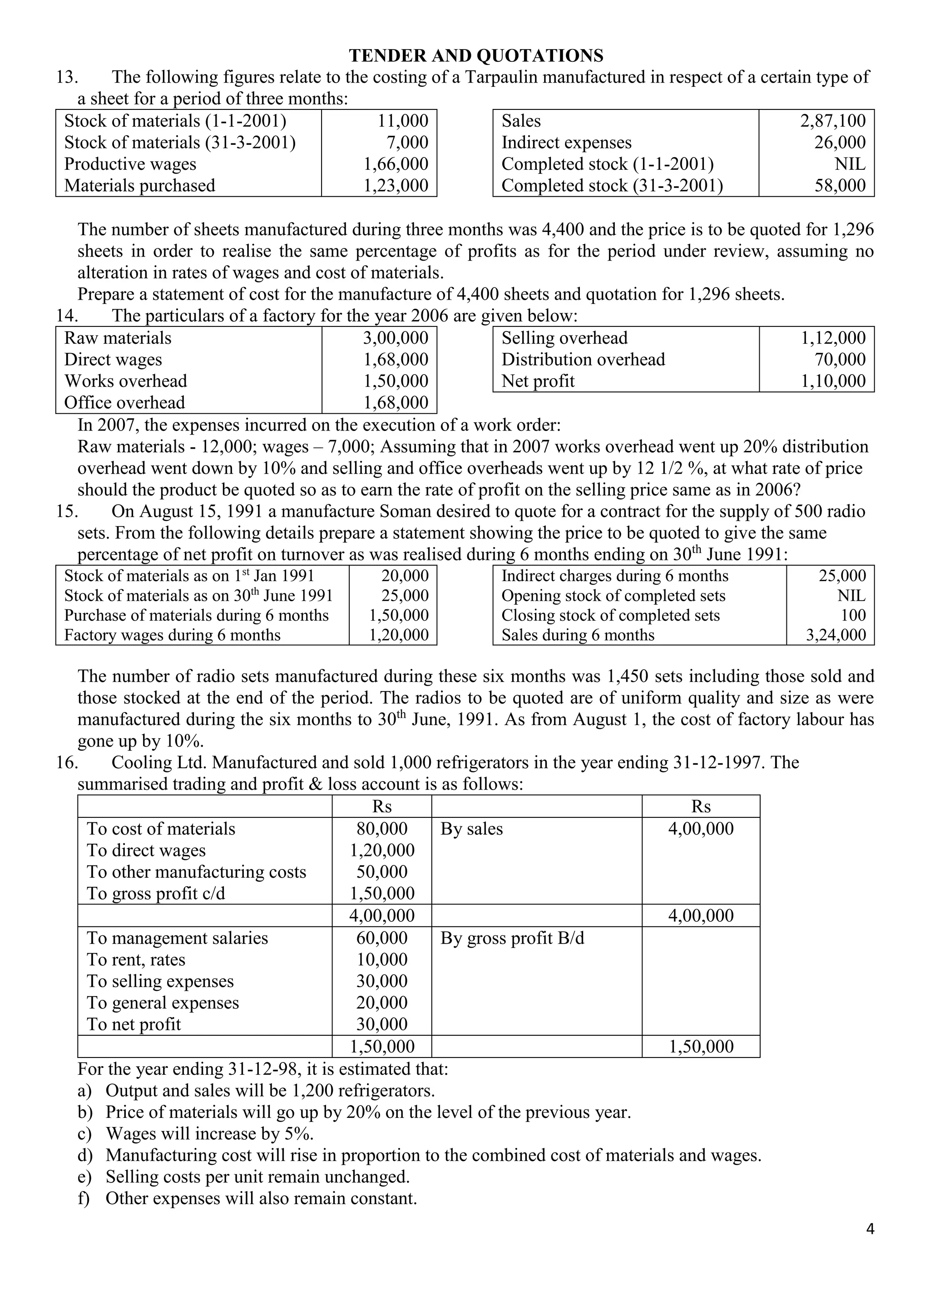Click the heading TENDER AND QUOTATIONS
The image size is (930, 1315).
click(x=476, y=55)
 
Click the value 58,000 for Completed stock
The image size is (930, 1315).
click(x=840, y=186)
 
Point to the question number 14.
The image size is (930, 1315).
click(x=67, y=316)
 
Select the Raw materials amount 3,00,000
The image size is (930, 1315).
click(x=395, y=338)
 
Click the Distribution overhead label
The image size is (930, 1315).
click(x=583, y=360)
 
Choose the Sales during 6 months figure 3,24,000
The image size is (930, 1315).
click(x=836, y=635)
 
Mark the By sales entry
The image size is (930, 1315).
click(x=471, y=829)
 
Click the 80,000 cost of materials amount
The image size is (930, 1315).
click(x=382, y=829)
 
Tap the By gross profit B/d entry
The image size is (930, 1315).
click(x=512, y=938)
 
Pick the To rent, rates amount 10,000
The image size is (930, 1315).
click(x=382, y=960)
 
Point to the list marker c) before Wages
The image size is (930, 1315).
click(x=85, y=1134)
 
